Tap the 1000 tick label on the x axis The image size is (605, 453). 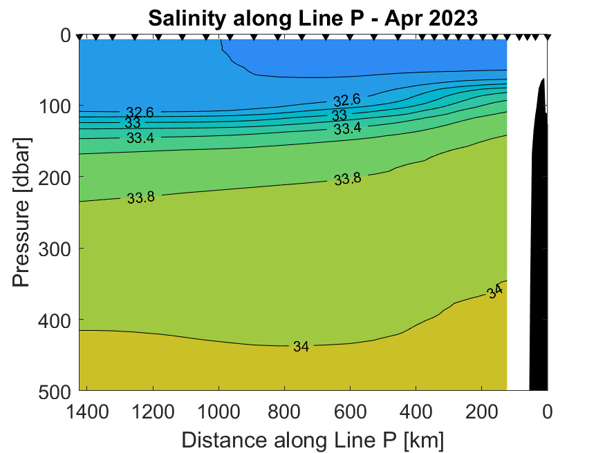click(220, 412)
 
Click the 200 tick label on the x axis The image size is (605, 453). click(482, 412)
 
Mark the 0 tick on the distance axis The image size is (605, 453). click(548, 412)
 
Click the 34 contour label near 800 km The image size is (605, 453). click(301, 347)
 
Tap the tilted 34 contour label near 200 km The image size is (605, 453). click(494, 292)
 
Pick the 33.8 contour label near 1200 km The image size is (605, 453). click(140, 197)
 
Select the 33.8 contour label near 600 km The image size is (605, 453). click(347, 179)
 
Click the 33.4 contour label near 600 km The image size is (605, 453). click(347, 128)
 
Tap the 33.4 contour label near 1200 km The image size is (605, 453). click(140, 138)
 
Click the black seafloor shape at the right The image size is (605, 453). click(539, 242)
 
